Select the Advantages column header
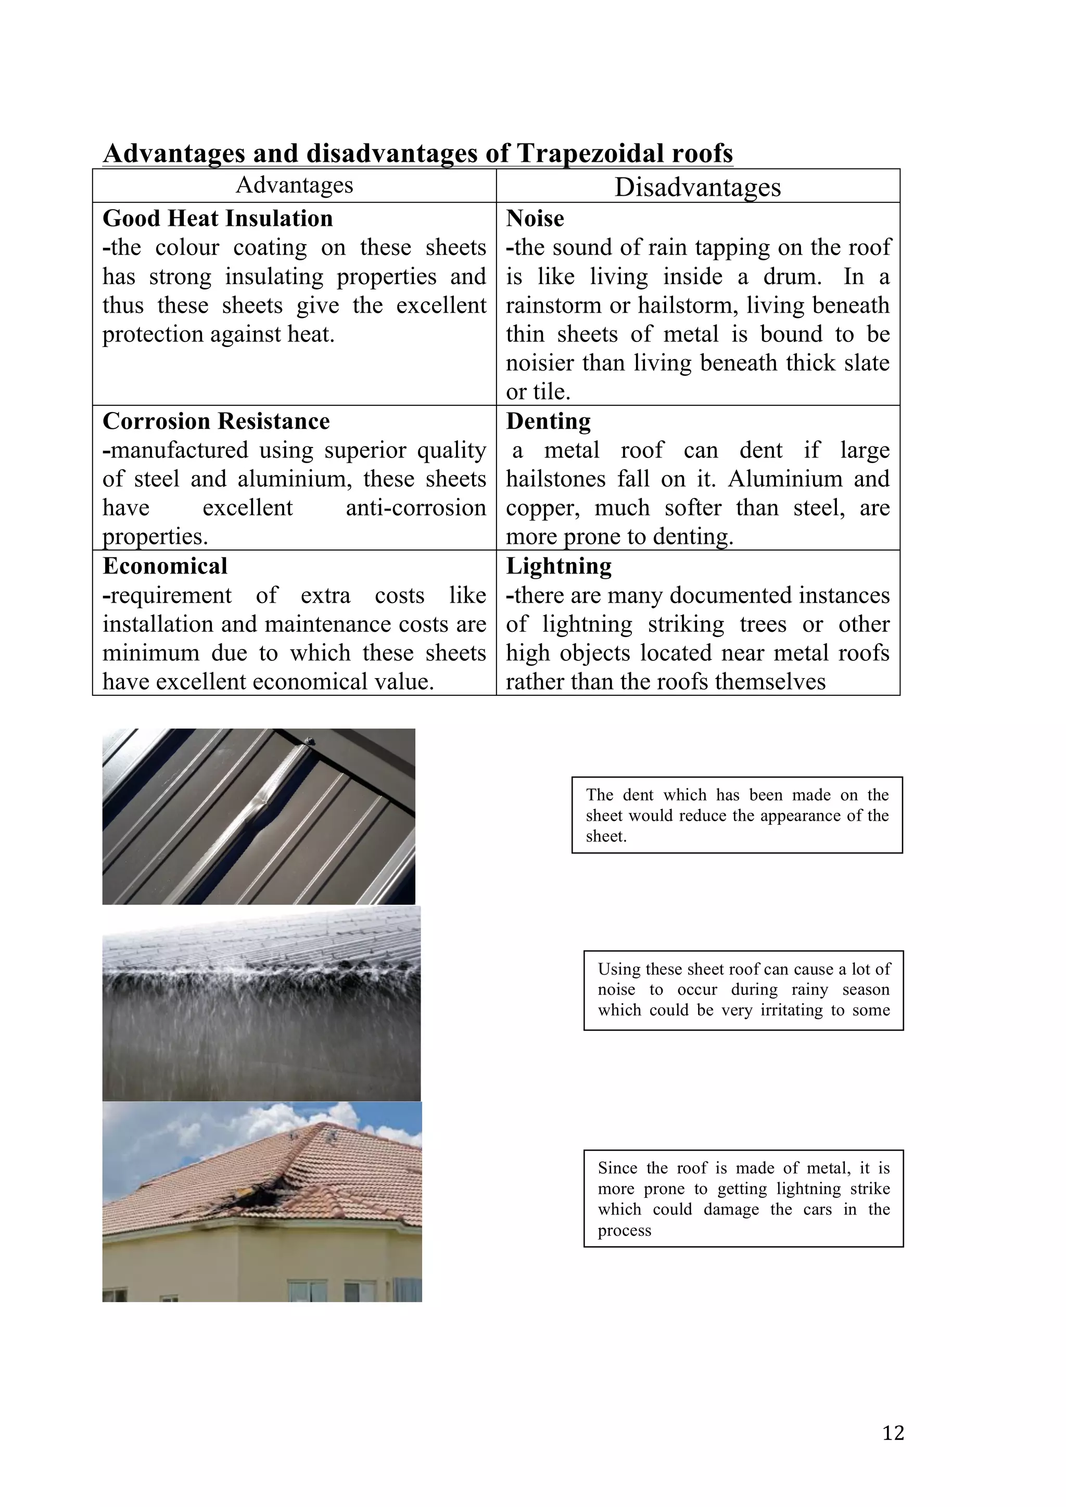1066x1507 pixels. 294,185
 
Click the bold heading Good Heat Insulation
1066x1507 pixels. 217,218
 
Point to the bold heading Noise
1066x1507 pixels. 535,218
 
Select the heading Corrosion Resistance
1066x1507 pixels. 216,421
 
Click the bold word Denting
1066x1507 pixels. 548,421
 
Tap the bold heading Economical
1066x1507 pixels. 165,566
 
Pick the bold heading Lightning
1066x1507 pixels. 559,566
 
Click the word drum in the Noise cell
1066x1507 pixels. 790,276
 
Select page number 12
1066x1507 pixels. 893,1432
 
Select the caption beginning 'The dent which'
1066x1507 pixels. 737,815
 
